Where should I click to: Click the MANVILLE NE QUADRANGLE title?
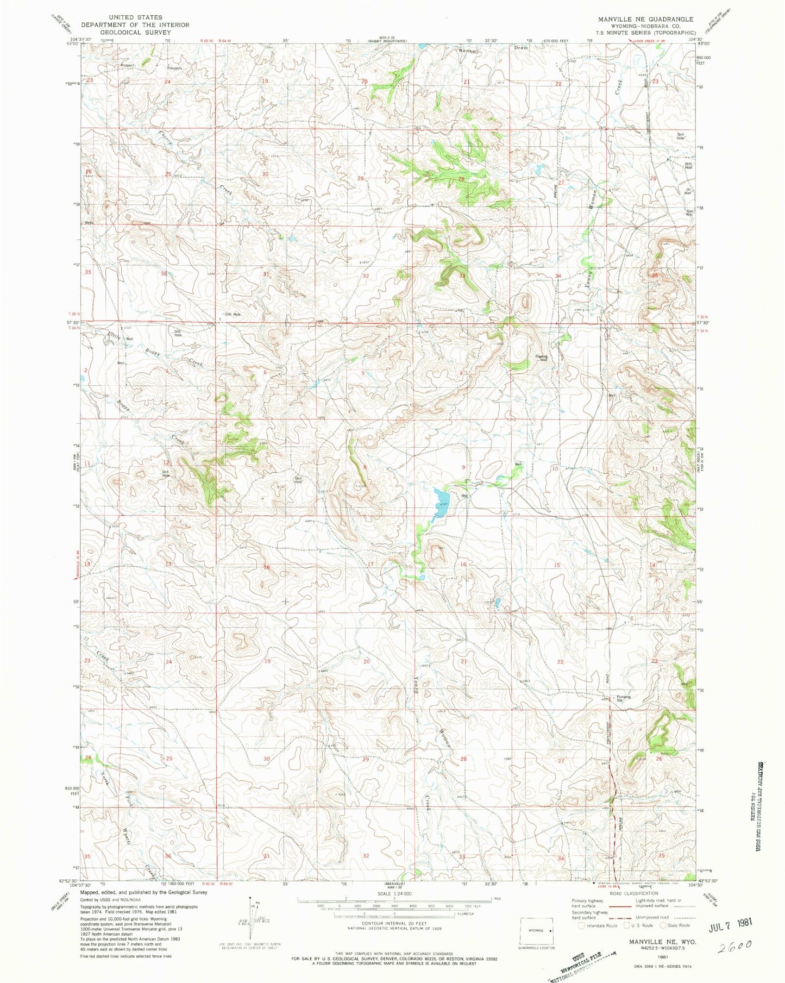tap(645, 19)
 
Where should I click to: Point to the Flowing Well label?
tap(541, 358)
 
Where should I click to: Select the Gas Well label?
tap(689, 212)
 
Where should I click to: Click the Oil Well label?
tap(688, 191)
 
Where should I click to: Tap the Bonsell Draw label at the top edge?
tap(492, 49)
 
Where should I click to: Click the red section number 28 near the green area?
tap(461, 179)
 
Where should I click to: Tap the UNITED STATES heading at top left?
tap(135, 17)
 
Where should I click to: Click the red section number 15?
tap(557, 566)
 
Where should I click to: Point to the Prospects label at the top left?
tap(174, 68)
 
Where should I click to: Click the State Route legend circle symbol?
tap(663, 925)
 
